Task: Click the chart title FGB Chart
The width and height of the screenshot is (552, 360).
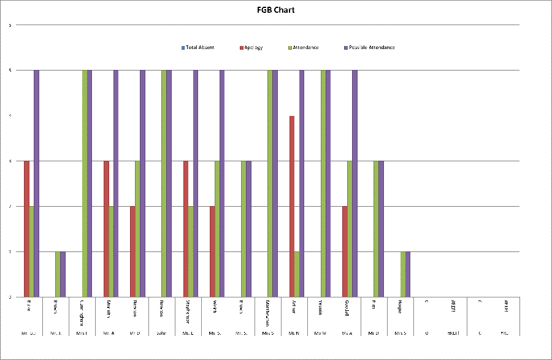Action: [x=275, y=10]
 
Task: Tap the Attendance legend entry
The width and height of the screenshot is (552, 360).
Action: [x=303, y=47]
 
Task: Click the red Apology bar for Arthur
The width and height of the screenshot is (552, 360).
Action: [x=292, y=206]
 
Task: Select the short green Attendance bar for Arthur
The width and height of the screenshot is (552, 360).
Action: [x=297, y=274]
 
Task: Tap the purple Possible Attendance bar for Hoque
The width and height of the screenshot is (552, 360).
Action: [x=408, y=274]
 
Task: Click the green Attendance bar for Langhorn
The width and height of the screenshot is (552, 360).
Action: [x=85, y=183]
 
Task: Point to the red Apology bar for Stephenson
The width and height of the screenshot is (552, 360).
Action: [x=186, y=229]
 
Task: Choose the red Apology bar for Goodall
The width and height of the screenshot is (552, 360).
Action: [x=345, y=251]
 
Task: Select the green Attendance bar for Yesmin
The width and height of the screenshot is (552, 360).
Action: [x=323, y=183]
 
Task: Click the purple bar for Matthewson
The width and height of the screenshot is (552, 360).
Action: [x=275, y=183]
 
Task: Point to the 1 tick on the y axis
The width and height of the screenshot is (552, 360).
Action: [x=10, y=252]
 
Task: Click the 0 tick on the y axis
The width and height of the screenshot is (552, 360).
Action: [x=10, y=297]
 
